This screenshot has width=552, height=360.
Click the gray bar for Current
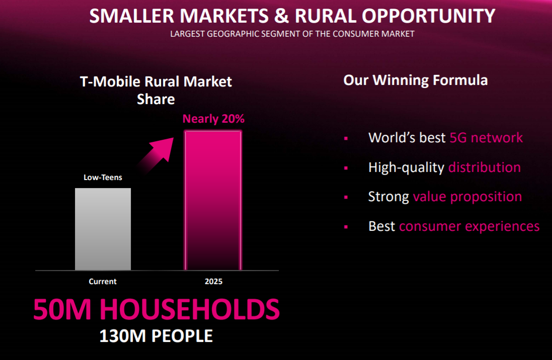[103, 229]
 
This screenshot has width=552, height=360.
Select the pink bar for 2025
[213, 201]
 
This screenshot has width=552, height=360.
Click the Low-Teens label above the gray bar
[103, 177]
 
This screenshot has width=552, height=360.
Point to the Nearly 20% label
[213, 119]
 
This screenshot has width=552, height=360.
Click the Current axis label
[103, 282]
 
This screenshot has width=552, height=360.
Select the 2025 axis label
[214, 282]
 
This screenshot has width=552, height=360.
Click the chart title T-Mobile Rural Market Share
[156, 91]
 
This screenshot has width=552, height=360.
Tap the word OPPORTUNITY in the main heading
[428, 16]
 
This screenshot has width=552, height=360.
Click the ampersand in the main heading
[282, 16]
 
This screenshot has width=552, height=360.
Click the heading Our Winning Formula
[416, 80]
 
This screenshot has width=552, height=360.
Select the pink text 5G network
[486, 138]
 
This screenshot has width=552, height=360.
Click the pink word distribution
[485, 167]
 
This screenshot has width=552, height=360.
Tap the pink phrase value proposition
[467, 197]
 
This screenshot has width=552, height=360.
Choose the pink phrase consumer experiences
[469, 226]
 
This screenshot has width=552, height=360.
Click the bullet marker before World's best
[346, 139]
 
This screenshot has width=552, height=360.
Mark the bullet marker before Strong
[346, 198]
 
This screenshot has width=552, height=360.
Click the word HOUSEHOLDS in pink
[189, 309]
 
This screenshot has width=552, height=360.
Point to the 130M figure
[122, 336]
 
